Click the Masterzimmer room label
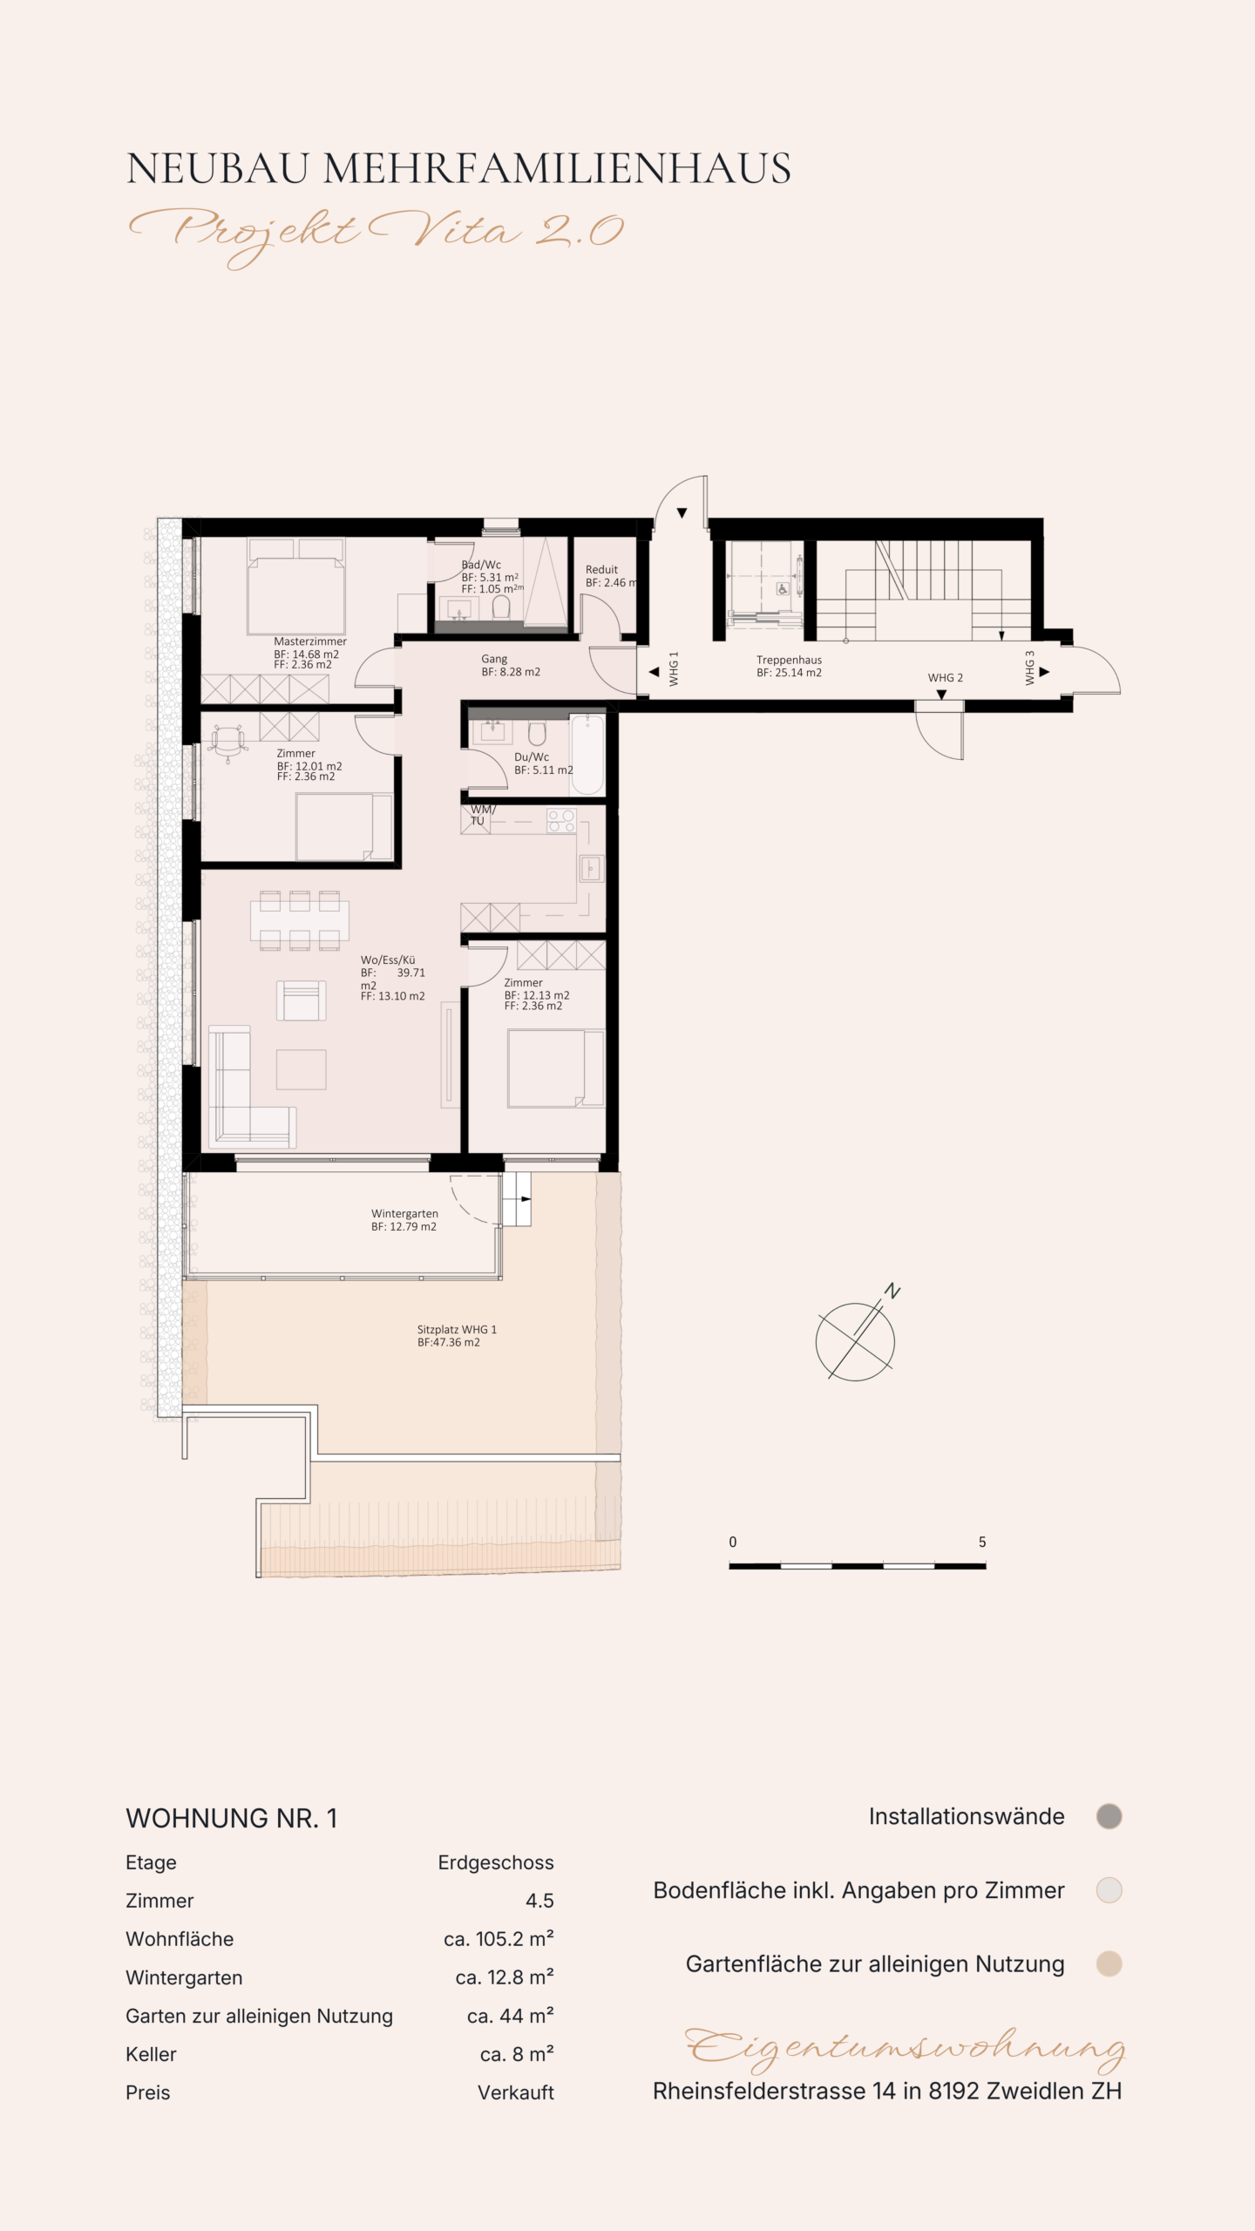[x=310, y=641]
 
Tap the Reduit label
[x=601, y=570]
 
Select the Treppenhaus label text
[x=789, y=661]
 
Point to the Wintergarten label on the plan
[x=404, y=1214]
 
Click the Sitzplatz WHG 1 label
[x=457, y=1330]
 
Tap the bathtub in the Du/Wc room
[x=587, y=755]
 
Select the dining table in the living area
[x=300, y=920]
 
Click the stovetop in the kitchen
[x=561, y=821]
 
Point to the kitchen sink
[x=592, y=869]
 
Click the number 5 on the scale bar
[x=982, y=1542]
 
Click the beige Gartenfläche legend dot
[x=1109, y=1963]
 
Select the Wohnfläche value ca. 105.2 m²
[x=499, y=1939]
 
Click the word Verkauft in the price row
[x=516, y=2092]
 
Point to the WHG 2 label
[x=946, y=678]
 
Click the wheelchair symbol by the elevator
[x=783, y=589]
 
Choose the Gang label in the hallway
[x=494, y=660]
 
